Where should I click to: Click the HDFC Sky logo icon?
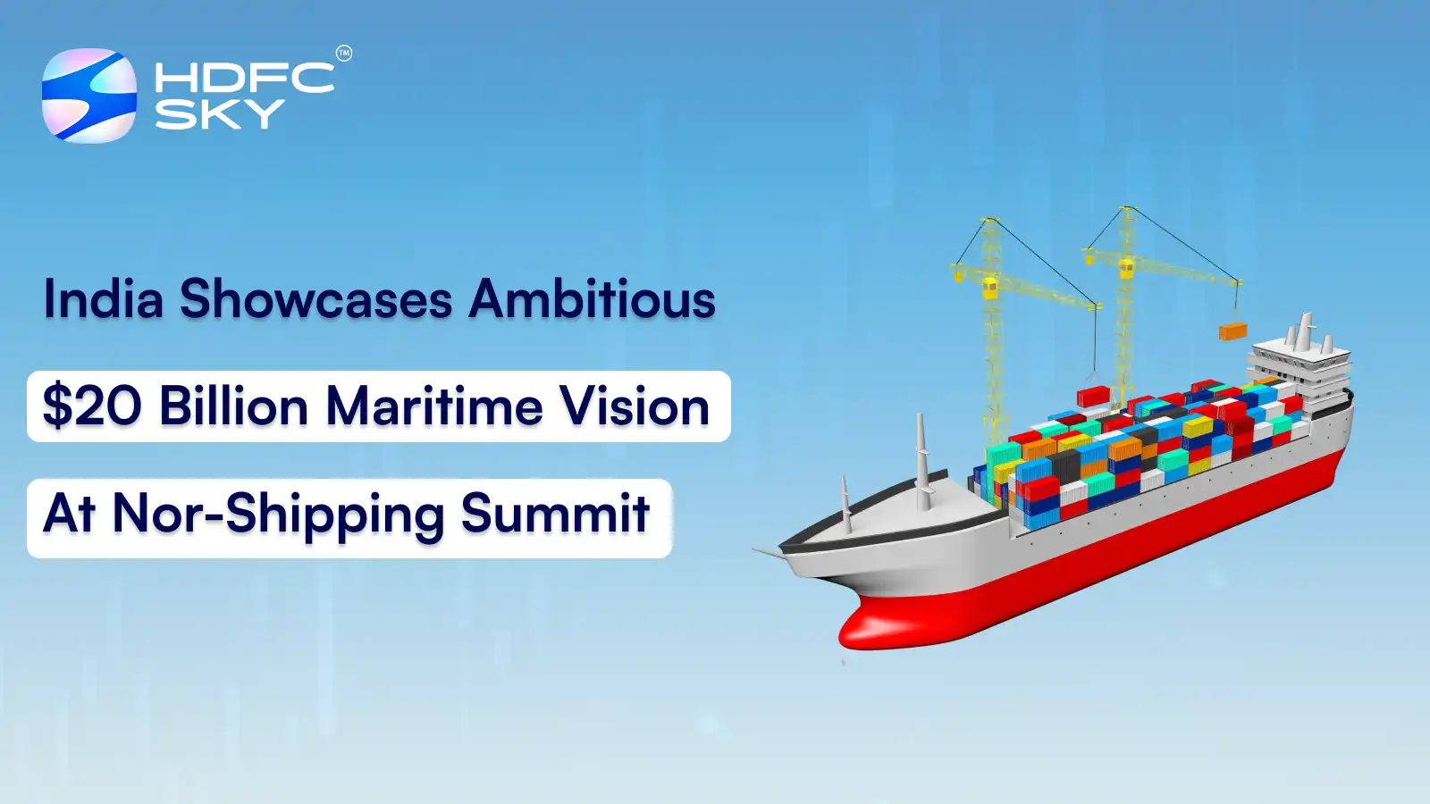(x=89, y=96)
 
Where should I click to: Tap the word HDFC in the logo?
(x=244, y=78)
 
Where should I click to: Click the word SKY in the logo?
(x=219, y=114)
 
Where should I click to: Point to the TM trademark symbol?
(x=344, y=54)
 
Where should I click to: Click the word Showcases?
(x=315, y=299)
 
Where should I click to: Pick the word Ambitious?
(x=593, y=299)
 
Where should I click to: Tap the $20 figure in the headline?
(x=91, y=406)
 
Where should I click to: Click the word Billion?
(x=233, y=406)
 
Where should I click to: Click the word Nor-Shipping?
(x=278, y=515)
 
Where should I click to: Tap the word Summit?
(x=555, y=514)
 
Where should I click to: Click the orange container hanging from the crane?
(x=1232, y=331)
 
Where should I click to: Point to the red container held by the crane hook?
(x=1092, y=396)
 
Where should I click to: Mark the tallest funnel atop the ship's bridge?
(x=1306, y=329)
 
